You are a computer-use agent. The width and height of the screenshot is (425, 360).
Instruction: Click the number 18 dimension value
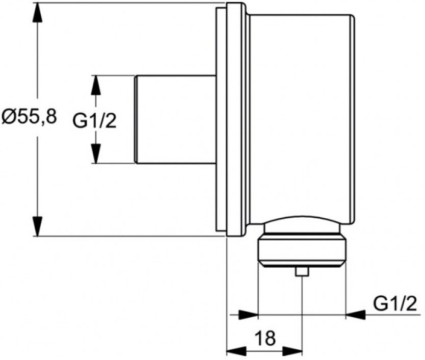click(265, 338)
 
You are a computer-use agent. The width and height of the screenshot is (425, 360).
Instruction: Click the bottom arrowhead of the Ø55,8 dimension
click(37, 226)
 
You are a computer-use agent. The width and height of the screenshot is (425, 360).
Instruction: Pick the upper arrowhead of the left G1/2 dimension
click(95, 85)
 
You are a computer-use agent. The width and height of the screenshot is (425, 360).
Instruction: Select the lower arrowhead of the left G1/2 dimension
click(95, 153)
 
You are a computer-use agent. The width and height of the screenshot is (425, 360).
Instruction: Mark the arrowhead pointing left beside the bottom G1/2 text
click(355, 315)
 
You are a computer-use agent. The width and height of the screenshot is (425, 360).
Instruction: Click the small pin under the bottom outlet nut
click(302, 272)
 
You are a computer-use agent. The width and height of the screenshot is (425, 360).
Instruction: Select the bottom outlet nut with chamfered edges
click(302, 251)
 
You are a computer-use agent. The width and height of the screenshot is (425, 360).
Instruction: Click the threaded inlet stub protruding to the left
click(175, 119)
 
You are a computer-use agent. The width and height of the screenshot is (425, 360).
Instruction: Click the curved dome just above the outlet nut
click(302, 222)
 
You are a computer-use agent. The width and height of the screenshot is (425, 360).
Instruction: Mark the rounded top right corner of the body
click(352, 17)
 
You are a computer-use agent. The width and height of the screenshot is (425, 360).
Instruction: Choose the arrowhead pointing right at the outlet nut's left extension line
click(248, 315)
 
